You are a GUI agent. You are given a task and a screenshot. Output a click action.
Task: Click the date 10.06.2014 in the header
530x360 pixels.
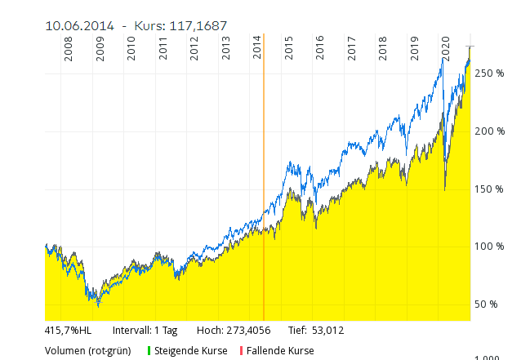pos(80,26)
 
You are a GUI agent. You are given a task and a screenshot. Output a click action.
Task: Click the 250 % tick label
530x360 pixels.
pos(489,73)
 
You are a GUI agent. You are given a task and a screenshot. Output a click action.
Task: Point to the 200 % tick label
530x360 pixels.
pos(489,131)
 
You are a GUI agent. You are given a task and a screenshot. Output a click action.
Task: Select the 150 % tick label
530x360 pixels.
pos(489,189)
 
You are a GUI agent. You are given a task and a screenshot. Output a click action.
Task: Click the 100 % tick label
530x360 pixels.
pos(489,247)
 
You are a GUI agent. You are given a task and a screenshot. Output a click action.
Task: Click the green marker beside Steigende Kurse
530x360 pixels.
pos(149,351)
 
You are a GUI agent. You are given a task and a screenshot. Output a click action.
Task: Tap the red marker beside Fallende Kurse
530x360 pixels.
pos(241,351)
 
